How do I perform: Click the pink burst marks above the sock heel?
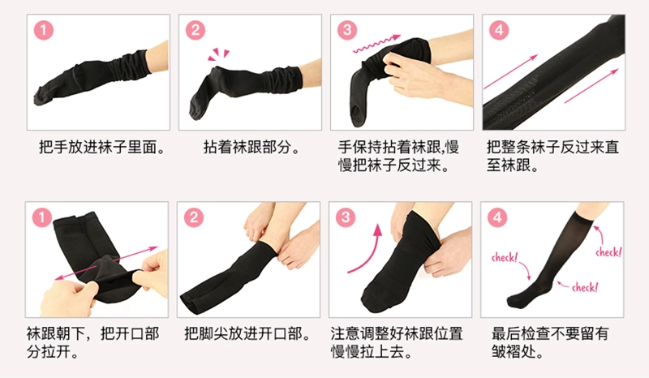pos(218,54)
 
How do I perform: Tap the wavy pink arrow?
pos(376,44)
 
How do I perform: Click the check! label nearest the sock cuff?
pos(608,252)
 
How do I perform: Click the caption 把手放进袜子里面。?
pos(102,147)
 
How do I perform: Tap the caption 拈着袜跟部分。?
pos(251,147)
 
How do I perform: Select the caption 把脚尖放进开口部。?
pos(247,333)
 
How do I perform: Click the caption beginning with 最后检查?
pos(550,343)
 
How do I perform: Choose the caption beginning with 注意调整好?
pos(397,343)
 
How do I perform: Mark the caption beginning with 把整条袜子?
pos(552,156)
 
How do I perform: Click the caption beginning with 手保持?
pos(398,156)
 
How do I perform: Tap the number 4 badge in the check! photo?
pos(497,217)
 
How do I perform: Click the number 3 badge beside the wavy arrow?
pos(347,30)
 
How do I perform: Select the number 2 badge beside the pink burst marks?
pos(195,30)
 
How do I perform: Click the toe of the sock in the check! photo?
pos(514,301)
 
